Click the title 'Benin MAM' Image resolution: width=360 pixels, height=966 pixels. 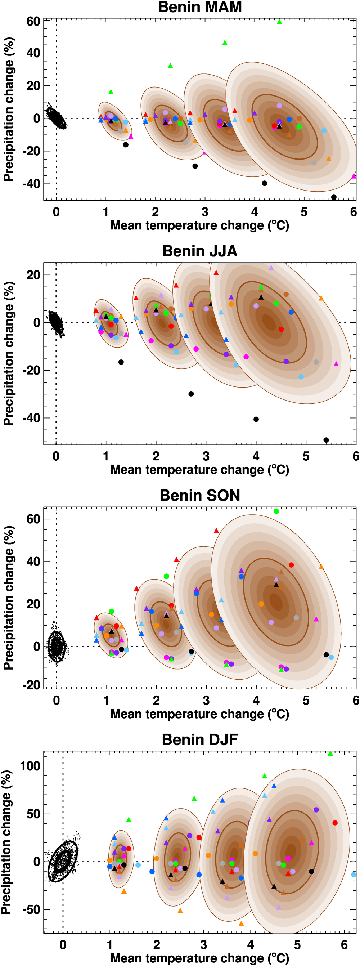coord(200,7)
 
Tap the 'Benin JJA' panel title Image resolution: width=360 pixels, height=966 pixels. coord(200,251)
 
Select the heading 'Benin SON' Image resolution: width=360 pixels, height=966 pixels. coord(200,495)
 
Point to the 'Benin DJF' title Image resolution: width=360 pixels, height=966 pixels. coord(200,739)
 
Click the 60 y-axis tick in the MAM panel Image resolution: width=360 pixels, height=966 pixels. coord(33,21)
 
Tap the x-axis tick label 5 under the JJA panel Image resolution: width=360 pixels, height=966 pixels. coord(306,456)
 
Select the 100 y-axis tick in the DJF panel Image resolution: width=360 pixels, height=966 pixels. coord(30,766)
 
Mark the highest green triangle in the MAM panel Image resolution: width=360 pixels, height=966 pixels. coord(279,22)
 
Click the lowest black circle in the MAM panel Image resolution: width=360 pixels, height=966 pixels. coord(334,197)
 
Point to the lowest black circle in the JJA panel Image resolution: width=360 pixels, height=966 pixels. coord(326,440)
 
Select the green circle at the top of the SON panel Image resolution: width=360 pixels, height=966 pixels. coord(276,511)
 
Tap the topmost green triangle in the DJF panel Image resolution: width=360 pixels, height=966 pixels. coord(330,753)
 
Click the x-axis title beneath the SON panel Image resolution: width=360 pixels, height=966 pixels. coord(200,714)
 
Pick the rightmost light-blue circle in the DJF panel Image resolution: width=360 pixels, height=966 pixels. coord(354,875)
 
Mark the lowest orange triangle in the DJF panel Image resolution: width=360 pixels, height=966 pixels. coord(241,923)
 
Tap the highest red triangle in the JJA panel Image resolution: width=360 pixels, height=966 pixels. coord(216,273)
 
